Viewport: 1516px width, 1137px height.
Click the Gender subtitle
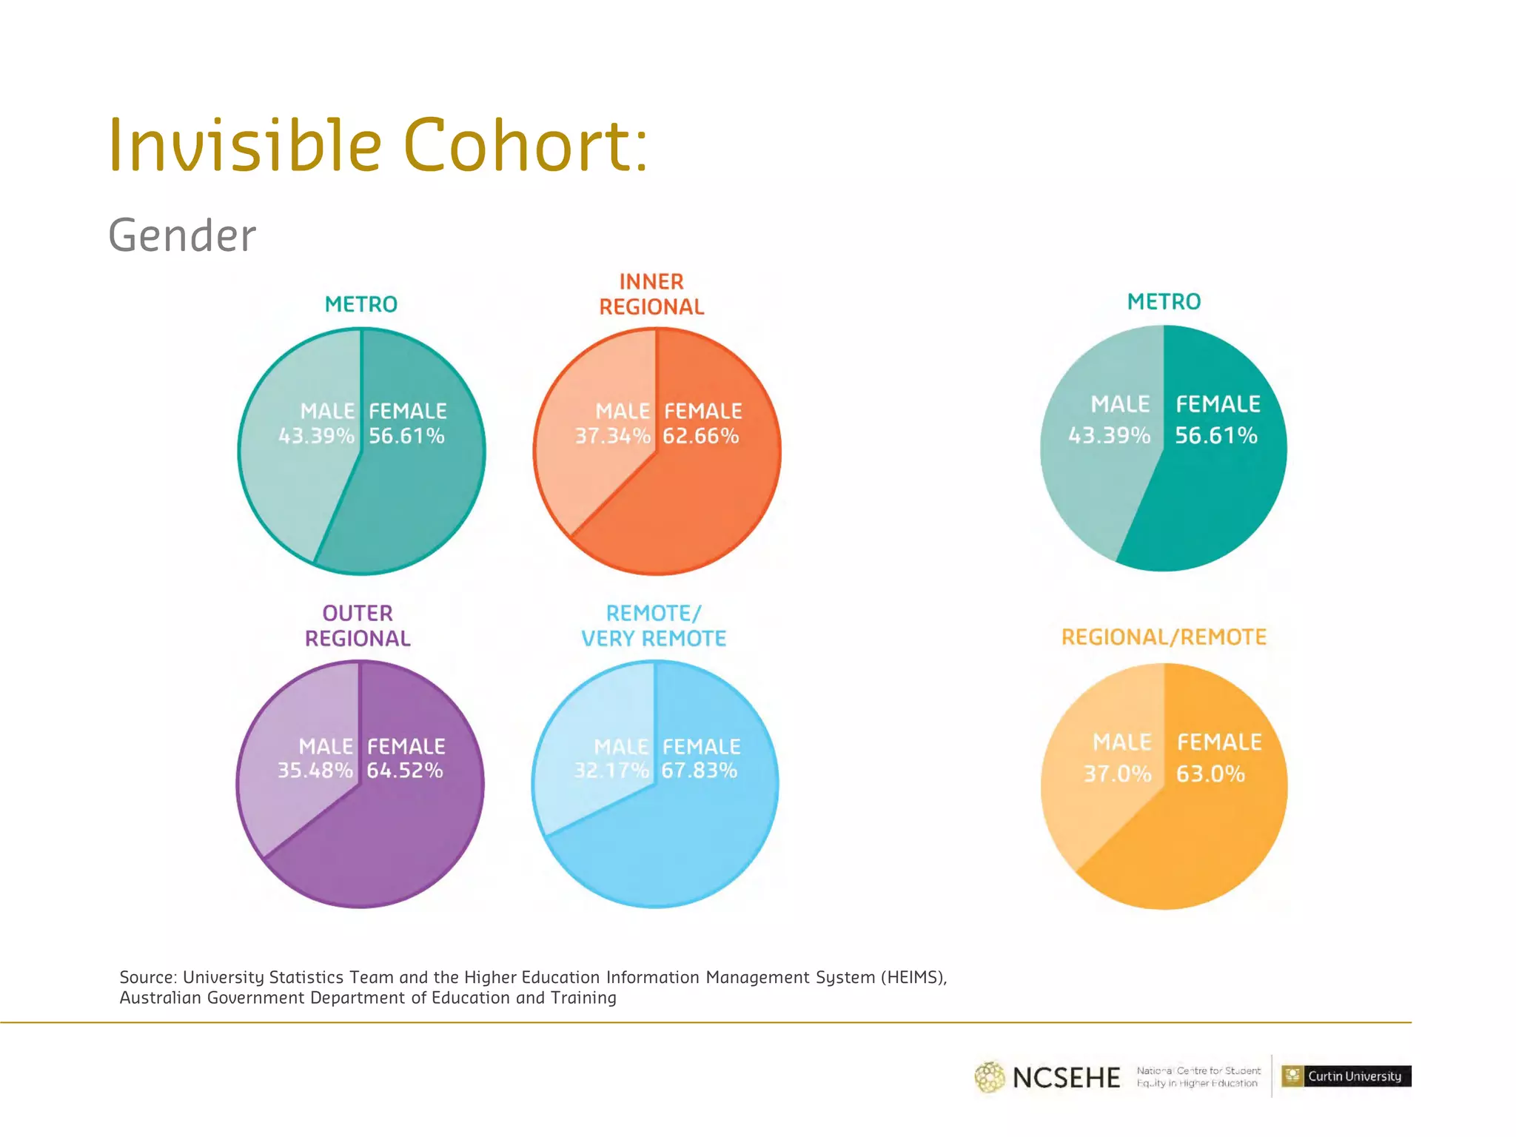182,235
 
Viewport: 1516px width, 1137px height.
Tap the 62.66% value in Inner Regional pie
700,436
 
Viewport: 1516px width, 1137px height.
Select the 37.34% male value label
612,436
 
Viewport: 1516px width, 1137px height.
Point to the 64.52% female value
404,771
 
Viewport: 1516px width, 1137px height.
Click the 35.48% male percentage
315,771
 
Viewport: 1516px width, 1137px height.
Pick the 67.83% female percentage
699,771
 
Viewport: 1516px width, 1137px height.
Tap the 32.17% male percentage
611,771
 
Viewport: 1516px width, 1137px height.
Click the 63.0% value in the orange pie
1210,774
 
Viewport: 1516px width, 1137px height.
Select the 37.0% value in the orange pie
1117,774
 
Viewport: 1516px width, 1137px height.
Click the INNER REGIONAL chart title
651,294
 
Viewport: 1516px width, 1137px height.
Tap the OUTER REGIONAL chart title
358,625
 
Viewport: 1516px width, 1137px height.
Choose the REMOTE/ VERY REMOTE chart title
653,625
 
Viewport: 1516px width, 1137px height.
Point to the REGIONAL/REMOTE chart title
1164,637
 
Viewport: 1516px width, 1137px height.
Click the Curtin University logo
1346,1076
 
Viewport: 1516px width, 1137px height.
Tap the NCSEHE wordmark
1066,1078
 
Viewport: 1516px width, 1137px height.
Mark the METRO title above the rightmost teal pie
1164,301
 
